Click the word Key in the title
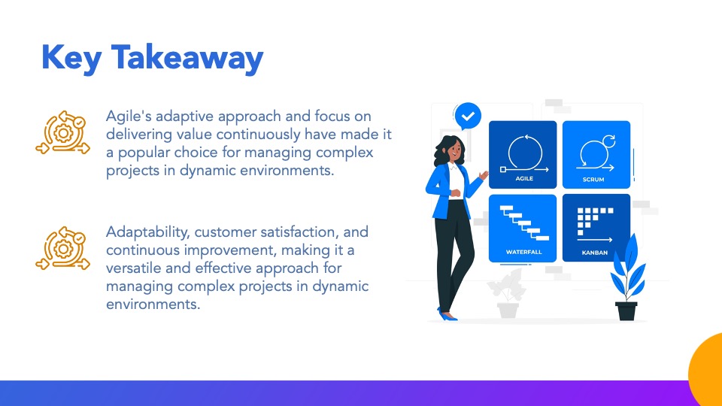[x=71, y=59]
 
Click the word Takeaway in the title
[x=187, y=59]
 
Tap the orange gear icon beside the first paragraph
[x=63, y=132]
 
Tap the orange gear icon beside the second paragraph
[x=63, y=248]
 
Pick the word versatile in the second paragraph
[x=134, y=268]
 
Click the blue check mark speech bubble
[x=468, y=116]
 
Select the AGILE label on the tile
[x=524, y=179]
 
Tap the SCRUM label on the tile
[x=593, y=180]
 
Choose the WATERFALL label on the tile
[x=523, y=253]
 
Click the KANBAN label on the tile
[x=594, y=253]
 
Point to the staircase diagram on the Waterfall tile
[x=524, y=223]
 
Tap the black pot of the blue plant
[x=626, y=311]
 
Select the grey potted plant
[x=507, y=294]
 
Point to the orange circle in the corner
[x=707, y=371]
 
